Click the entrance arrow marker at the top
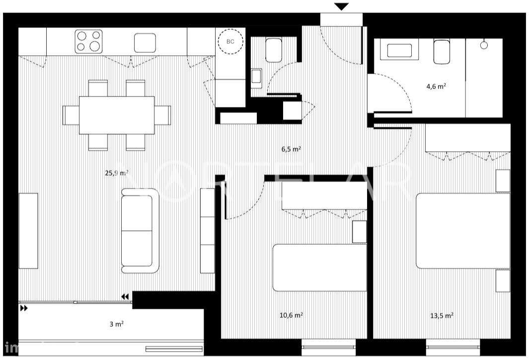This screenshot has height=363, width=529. [x=341, y=6]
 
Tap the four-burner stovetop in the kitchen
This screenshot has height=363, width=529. [x=89, y=42]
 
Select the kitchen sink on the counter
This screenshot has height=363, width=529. [x=145, y=43]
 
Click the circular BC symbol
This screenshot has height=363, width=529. [x=230, y=42]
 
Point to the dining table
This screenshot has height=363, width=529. [x=117, y=115]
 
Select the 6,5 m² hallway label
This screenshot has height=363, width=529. [x=291, y=149]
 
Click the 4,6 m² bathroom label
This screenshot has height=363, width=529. [x=436, y=86]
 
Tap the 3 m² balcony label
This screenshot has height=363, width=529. [x=116, y=324]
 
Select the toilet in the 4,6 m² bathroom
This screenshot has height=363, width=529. [x=442, y=52]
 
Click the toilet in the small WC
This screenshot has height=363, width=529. [x=274, y=51]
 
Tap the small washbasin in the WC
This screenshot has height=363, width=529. [x=256, y=77]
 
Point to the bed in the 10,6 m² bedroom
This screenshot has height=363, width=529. [x=319, y=267]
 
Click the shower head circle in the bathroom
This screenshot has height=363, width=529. [x=484, y=45]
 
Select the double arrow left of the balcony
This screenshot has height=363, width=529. [x=24, y=308]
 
